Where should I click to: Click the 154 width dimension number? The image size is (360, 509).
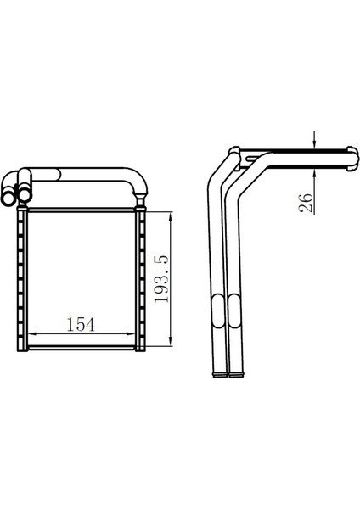click(80, 324)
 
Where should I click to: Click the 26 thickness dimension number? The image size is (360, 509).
click(307, 201)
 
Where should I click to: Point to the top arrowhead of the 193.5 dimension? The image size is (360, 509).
click(172, 216)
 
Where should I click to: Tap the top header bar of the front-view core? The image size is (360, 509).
click(82, 210)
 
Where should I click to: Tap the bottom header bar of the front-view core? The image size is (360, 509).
click(82, 346)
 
